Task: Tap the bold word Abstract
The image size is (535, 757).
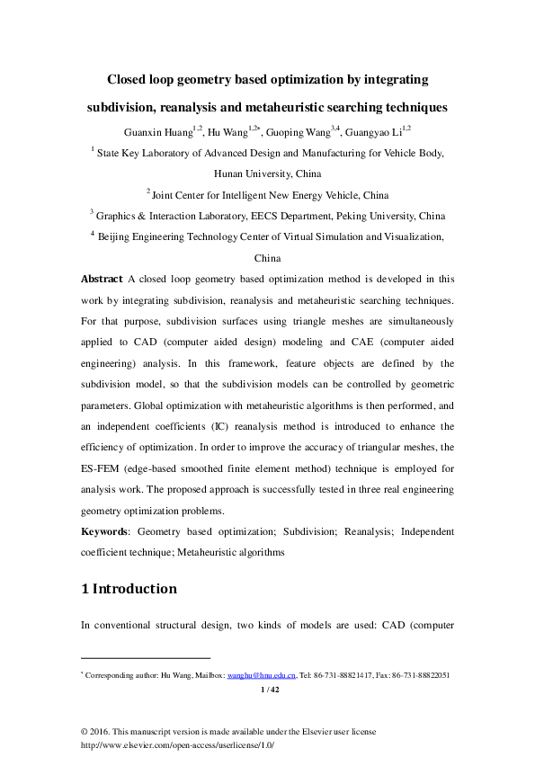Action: (102, 280)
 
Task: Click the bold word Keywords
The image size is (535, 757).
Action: (104, 531)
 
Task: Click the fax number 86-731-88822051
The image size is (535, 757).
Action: (418, 674)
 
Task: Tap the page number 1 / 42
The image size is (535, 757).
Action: (269, 690)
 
